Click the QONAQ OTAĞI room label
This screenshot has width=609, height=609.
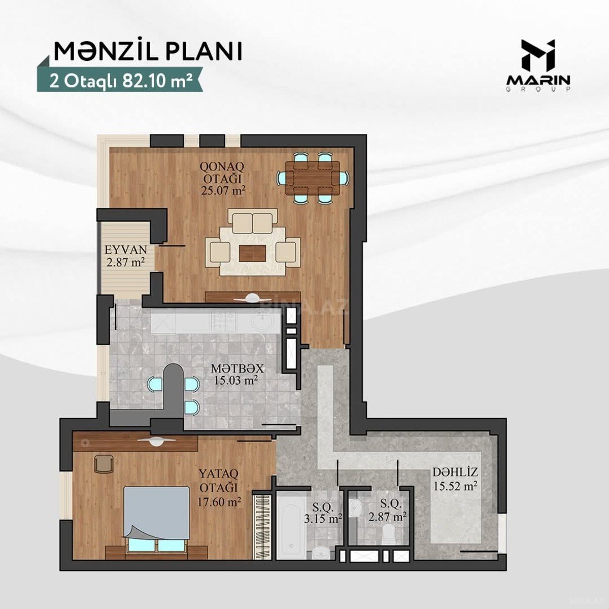(x=222, y=172)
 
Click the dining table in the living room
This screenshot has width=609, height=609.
(x=312, y=178)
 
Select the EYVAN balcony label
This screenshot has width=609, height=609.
(x=126, y=250)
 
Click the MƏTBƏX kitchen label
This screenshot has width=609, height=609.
(x=237, y=368)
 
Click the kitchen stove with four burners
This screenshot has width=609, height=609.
(x=224, y=320)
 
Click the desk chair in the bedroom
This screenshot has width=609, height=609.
(x=104, y=463)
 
